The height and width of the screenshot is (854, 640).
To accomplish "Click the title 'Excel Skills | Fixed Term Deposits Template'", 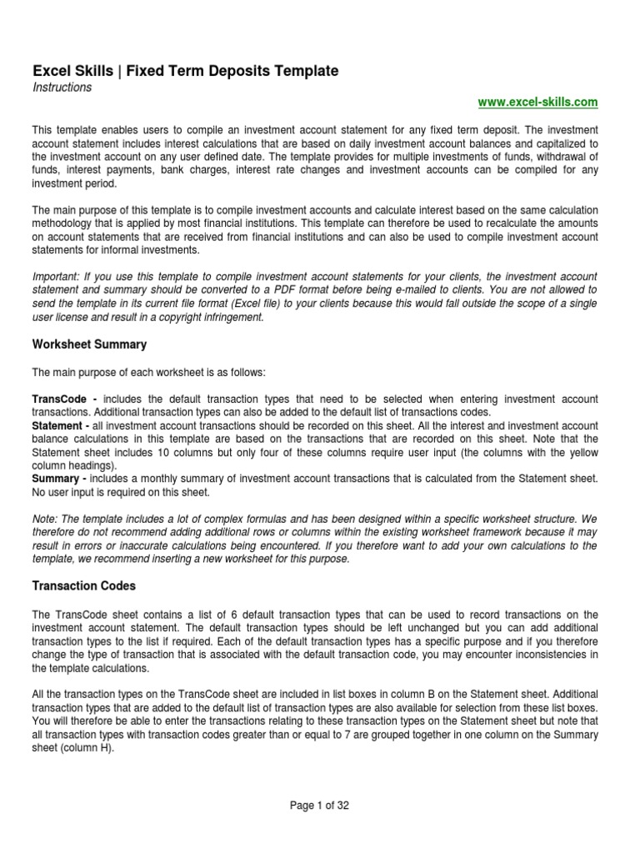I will coord(185,72).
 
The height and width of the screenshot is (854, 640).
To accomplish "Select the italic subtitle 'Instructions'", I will coord(62,88).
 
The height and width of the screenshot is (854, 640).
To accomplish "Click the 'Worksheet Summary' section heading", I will coord(89,344).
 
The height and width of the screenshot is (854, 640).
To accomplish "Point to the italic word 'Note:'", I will coord(46,519).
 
